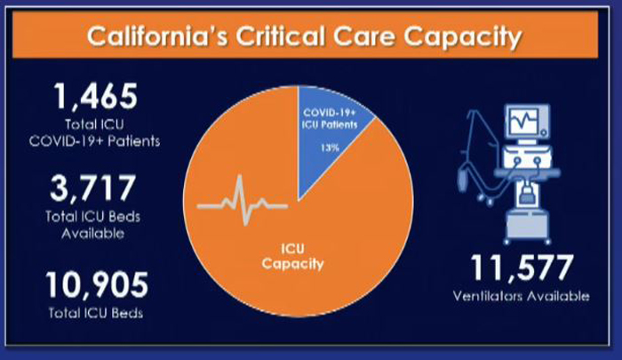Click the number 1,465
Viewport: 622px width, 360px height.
(x=96, y=96)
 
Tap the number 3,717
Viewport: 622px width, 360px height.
(x=92, y=188)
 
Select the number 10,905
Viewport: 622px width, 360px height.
(x=96, y=284)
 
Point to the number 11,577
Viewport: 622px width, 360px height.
(x=522, y=268)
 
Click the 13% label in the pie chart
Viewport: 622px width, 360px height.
(x=330, y=148)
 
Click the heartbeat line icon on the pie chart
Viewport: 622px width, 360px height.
(x=242, y=200)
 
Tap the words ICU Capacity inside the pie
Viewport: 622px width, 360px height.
(x=292, y=256)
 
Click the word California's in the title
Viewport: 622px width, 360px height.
(x=157, y=36)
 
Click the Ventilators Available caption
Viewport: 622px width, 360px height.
(x=522, y=296)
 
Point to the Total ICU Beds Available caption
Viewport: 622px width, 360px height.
(x=92, y=225)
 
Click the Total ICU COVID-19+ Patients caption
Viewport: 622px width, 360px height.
(x=94, y=132)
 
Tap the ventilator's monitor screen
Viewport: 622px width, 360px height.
(x=524, y=120)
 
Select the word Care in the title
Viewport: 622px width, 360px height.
(x=364, y=36)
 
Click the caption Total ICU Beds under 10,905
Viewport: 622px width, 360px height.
(x=96, y=313)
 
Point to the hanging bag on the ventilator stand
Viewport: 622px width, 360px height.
(x=462, y=179)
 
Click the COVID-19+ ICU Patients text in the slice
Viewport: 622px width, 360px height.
(x=330, y=119)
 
